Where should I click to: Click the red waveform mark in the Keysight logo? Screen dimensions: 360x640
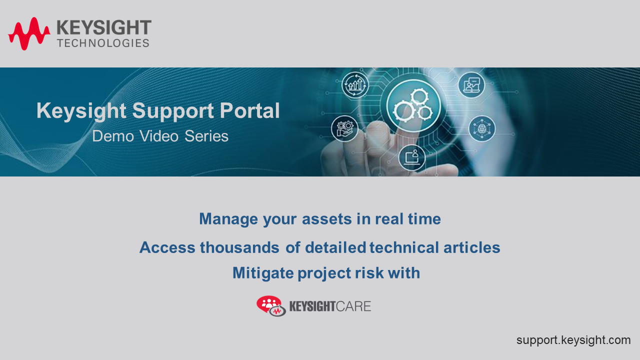click(x=29, y=33)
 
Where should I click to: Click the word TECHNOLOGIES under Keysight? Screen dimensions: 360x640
click(x=103, y=43)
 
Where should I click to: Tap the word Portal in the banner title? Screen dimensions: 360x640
click(x=251, y=111)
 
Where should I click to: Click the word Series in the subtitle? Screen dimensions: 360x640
click(x=206, y=136)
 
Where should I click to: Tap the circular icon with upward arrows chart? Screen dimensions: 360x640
click(x=355, y=84)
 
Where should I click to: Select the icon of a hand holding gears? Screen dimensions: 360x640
click(x=344, y=128)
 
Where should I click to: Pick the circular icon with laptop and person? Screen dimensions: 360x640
click(x=412, y=157)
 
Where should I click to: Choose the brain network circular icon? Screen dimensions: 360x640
click(x=482, y=128)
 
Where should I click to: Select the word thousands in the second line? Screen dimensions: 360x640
click(x=239, y=247)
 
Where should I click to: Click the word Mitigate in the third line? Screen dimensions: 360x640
click(x=263, y=273)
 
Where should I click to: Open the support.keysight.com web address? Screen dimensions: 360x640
click(x=573, y=340)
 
